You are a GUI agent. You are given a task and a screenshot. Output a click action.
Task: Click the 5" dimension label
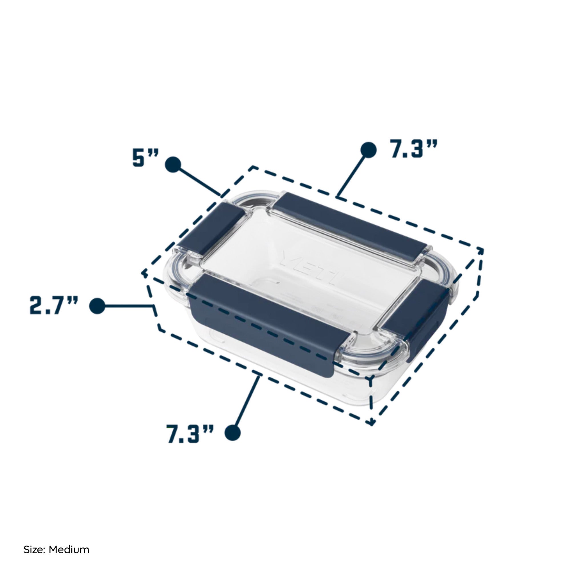(146, 158)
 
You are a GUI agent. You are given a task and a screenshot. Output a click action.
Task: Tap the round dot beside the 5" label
(173, 164)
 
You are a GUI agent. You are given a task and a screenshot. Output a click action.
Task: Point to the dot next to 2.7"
(97, 305)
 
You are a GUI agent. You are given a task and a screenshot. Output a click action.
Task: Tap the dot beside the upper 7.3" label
(369, 149)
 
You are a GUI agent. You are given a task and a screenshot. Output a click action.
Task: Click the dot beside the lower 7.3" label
(233, 433)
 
